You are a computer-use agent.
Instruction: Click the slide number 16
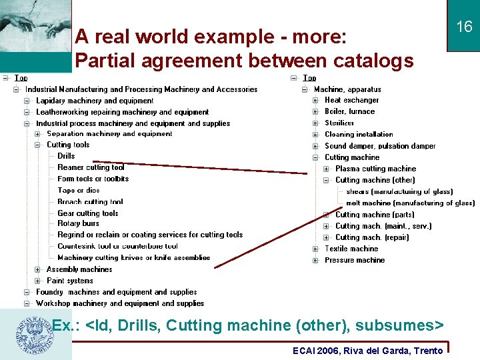[464, 27]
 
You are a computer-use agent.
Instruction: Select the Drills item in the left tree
[66, 156]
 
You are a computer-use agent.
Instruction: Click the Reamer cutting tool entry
[91, 167]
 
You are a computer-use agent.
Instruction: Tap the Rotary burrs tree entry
[78, 223]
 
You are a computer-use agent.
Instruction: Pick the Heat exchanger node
[351, 100]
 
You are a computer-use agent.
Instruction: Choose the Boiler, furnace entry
[349, 111]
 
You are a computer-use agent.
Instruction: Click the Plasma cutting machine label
[375, 169]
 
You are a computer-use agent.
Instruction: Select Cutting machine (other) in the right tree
[375, 180]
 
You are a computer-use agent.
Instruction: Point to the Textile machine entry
[351, 249]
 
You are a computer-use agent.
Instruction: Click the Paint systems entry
[70, 281]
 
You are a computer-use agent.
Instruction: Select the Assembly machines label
[79, 269]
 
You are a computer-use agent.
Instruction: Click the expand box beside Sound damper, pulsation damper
[315, 146]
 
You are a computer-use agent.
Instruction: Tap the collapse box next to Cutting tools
[38, 145]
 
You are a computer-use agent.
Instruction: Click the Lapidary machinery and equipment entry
[95, 101]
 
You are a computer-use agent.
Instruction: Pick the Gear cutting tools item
[87, 213]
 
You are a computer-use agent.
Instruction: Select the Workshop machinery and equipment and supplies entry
[120, 303]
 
